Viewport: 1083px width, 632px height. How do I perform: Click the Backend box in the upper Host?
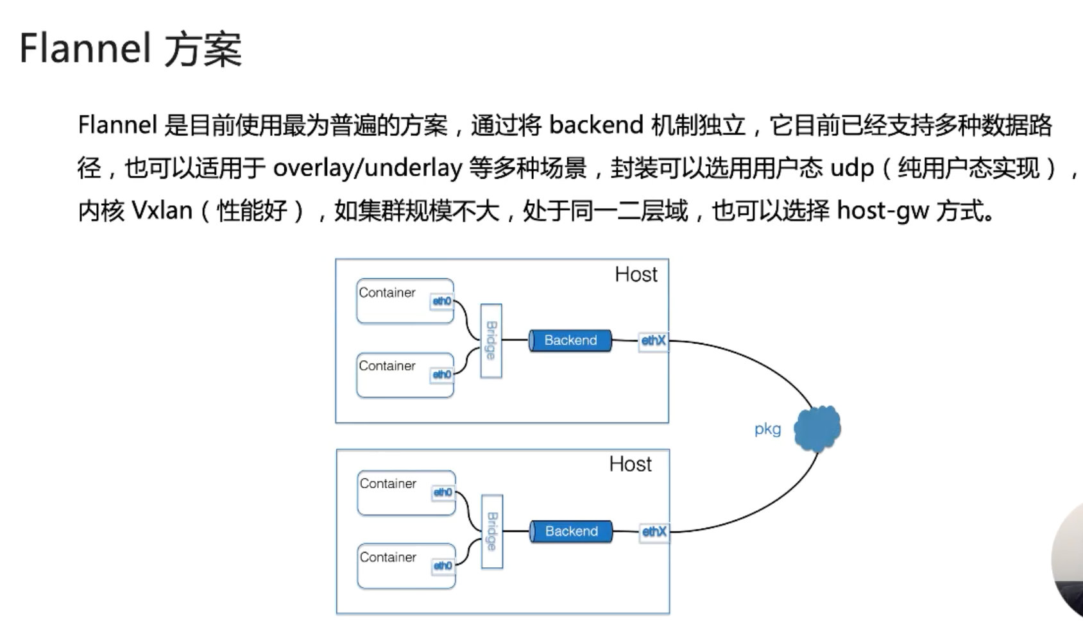570,340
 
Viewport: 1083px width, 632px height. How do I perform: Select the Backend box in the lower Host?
571,531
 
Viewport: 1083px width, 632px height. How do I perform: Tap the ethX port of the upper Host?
653,340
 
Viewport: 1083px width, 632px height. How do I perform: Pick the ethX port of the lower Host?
654,531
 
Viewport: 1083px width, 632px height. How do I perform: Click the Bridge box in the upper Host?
491,340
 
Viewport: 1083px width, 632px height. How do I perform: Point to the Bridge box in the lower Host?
492,531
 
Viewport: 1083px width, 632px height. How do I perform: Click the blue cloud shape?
817,428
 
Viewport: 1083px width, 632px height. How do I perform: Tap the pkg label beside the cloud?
767,429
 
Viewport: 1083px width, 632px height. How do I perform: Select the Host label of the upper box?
636,274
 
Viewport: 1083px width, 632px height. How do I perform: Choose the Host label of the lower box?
630,464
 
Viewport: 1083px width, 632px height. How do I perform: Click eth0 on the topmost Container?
441,301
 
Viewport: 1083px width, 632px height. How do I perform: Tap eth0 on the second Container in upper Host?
441,374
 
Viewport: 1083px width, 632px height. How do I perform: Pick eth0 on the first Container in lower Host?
443,492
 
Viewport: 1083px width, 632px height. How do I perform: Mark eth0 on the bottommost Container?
443,565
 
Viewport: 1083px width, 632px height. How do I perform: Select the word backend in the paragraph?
596,125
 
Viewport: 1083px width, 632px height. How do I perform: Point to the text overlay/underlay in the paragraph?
367,168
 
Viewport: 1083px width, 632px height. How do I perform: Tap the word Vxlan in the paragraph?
162,210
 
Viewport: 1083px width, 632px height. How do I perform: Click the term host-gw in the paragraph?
883,210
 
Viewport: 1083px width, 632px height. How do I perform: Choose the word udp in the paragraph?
852,168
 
